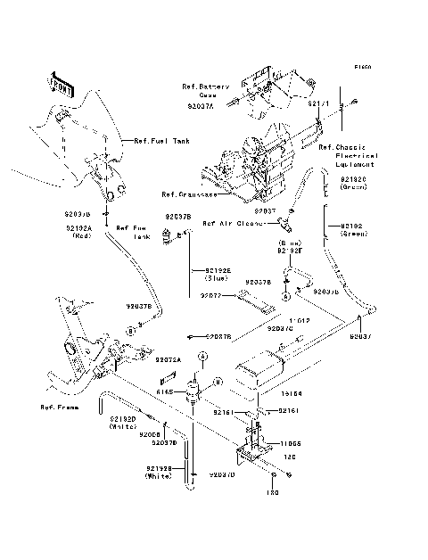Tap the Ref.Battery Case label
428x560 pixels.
pyautogui.click(x=206, y=90)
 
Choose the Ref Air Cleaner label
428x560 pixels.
pyautogui.click(x=233, y=224)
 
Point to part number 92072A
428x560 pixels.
pyautogui.click(x=169, y=359)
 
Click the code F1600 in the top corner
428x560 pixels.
pyautogui.click(x=361, y=67)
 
